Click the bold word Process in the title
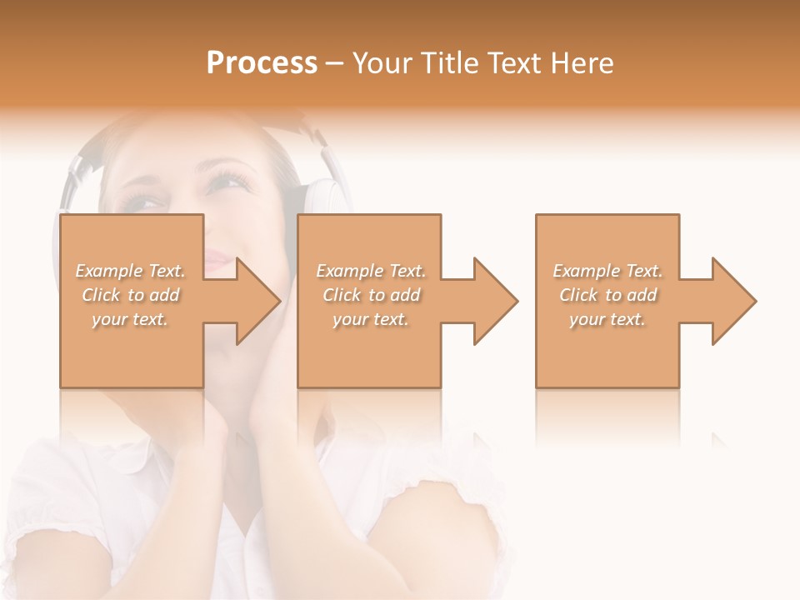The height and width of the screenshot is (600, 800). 262,63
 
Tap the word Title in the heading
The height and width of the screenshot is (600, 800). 451,63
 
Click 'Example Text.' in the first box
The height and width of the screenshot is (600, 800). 131,271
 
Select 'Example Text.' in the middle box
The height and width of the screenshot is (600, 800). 371,271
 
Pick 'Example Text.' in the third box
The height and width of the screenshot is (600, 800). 607,271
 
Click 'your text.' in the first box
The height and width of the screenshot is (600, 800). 131,319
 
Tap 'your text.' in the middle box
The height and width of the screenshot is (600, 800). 371,319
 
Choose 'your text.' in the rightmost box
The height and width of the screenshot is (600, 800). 607,319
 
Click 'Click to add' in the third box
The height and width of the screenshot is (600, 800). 607,295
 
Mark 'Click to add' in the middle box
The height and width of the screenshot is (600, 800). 371,295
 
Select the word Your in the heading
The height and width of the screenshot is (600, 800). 382,63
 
